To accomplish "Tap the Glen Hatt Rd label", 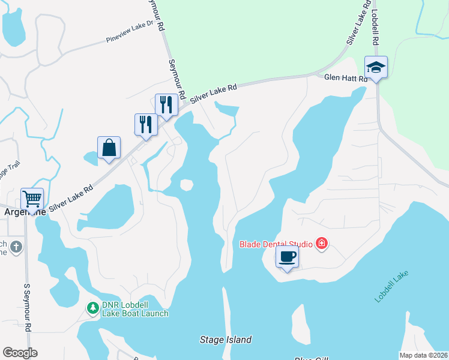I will [345, 77].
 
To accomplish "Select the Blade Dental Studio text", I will [276, 244].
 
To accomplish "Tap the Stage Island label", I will [225, 340].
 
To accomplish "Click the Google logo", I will [20, 353].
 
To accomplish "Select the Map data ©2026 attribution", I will [424, 355].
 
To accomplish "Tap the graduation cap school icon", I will [376, 67].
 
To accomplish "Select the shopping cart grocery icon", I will [32, 198].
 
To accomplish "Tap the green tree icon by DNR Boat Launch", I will [92, 308].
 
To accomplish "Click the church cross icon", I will [16, 246].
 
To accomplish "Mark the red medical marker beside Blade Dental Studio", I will [322, 244].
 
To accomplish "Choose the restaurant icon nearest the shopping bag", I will [146, 124].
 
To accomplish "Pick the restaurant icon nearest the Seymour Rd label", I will [166, 104].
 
